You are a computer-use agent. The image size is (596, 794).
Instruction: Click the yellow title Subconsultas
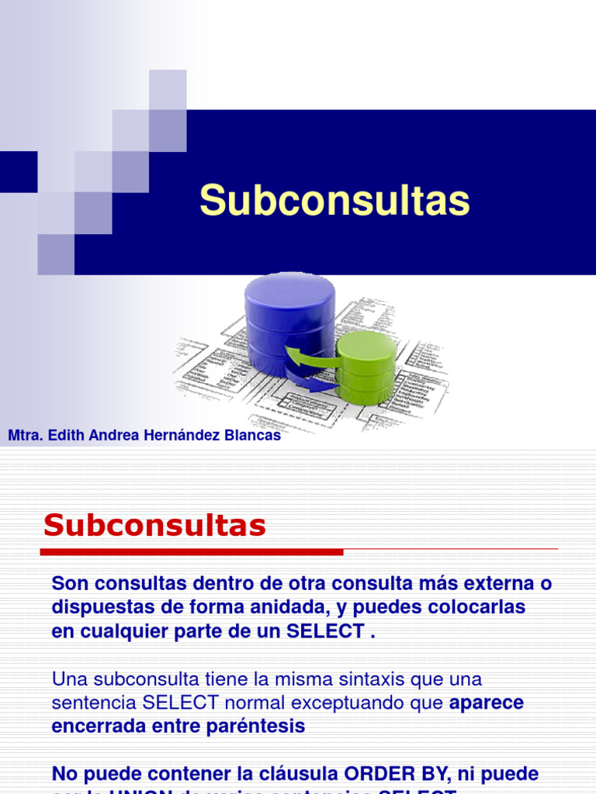coord(334,201)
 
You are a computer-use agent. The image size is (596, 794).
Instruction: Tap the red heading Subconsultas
coord(154,526)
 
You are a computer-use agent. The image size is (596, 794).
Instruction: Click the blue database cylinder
coord(289,318)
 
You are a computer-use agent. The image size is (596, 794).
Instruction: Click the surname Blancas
coord(252,436)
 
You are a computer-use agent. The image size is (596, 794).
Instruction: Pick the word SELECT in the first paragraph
coord(325,631)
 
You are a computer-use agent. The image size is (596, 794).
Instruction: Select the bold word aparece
coord(487,703)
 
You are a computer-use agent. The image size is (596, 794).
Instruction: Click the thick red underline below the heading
coord(191,552)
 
